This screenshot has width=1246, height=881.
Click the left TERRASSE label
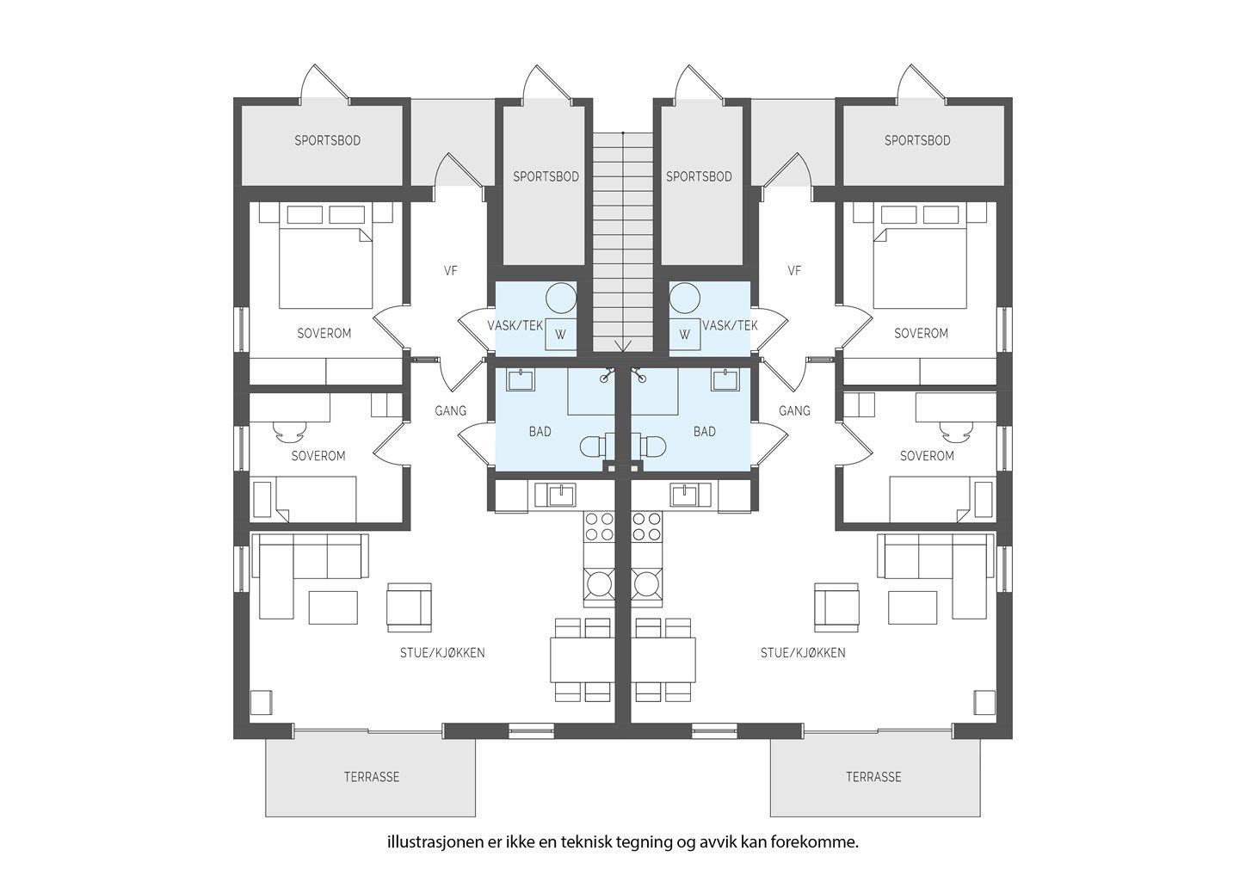[x=372, y=777]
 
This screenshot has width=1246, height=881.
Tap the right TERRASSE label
[x=873, y=777]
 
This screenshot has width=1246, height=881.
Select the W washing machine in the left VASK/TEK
[x=560, y=335]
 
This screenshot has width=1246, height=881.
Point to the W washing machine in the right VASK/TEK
[x=685, y=335]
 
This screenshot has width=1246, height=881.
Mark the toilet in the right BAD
[x=649, y=446]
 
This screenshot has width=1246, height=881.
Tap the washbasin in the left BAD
[x=520, y=380]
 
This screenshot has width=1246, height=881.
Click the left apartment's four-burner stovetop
[x=599, y=527]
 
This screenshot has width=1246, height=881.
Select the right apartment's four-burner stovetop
[x=647, y=527]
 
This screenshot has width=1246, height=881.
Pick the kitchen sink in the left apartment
[x=555, y=495]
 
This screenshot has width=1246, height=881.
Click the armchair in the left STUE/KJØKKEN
[x=410, y=607]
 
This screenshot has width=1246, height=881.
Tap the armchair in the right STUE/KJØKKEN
[x=836, y=607]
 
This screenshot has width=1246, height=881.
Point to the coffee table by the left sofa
[x=333, y=607]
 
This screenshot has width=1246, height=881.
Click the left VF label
[x=451, y=271]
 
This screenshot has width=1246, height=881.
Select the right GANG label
[x=794, y=411]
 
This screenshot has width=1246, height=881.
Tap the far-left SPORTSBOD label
[x=328, y=141]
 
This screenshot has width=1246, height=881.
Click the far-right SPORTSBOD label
[x=918, y=141]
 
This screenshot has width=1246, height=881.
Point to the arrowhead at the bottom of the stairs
[x=623, y=347]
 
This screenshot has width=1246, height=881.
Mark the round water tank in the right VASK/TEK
[x=685, y=298]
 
